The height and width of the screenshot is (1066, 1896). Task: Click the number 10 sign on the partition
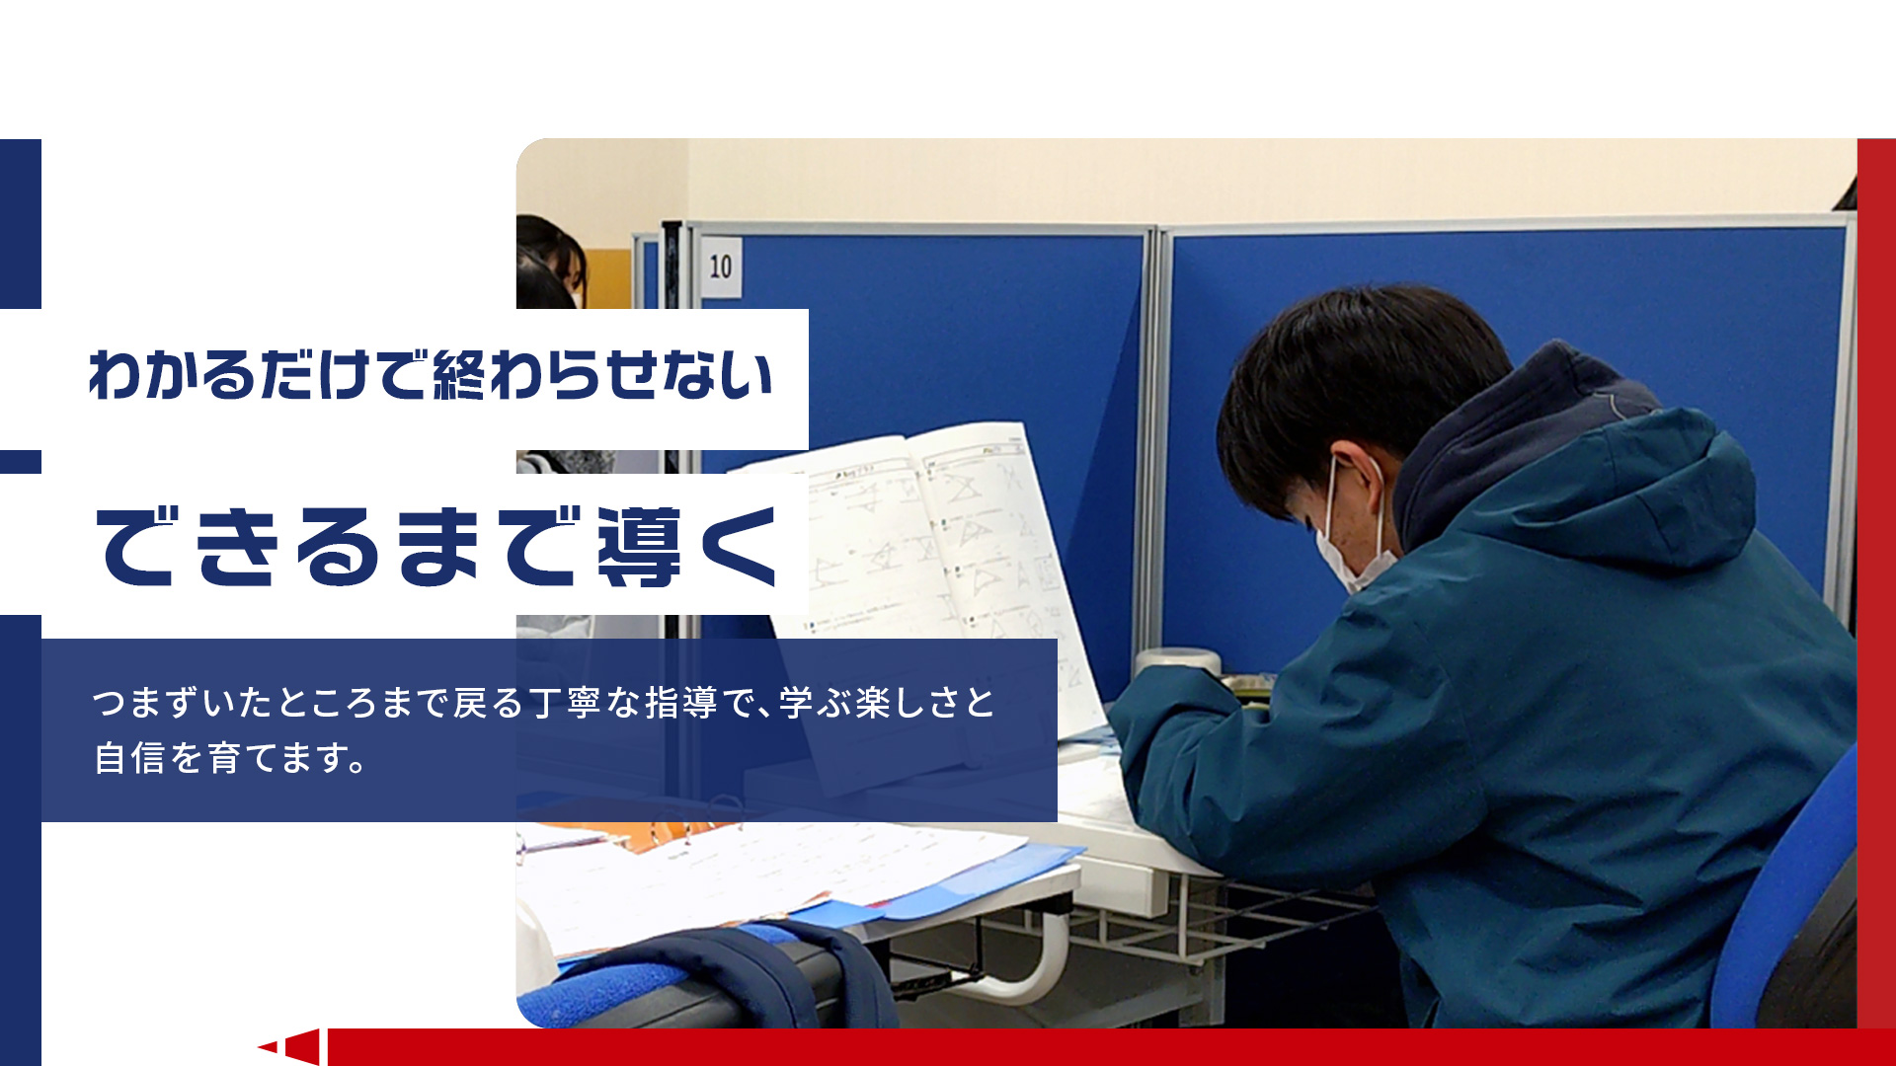pyautogui.click(x=721, y=266)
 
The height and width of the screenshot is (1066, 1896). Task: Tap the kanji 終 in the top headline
pyautogui.click(x=459, y=375)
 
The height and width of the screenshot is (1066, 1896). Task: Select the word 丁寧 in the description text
pyautogui.click(x=567, y=703)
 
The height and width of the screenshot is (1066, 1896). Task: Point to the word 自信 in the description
pyautogui.click(x=129, y=758)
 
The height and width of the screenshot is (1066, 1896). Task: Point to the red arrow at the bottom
pyautogui.click(x=291, y=1046)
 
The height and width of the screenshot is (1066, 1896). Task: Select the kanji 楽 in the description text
pyautogui.click(x=872, y=703)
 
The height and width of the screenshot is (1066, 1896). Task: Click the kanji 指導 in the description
pyautogui.click(x=680, y=703)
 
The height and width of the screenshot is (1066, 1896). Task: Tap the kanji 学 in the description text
pyautogui.click(x=796, y=703)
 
